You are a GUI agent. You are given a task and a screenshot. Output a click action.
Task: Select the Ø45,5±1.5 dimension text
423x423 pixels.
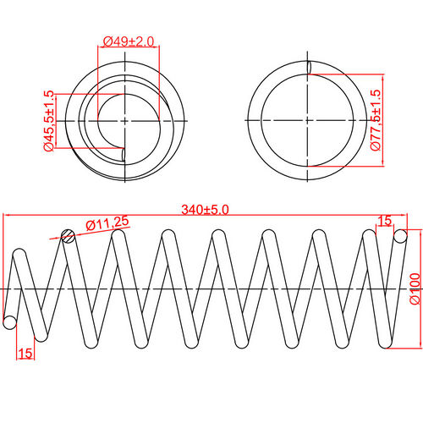click(49, 121)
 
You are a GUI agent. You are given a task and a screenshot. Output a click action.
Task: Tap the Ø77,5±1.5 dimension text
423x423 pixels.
click(375, 121)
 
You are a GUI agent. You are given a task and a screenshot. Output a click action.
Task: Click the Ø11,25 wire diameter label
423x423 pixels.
click(107, 223)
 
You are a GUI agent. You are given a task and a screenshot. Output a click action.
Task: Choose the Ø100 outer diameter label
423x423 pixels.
click(414, 288)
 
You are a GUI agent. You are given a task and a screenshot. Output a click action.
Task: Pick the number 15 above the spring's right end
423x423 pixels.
click(384, 222)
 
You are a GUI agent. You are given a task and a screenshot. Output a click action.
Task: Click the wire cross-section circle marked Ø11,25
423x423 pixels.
click(70, 236)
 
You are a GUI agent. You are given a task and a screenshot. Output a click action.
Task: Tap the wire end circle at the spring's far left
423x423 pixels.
click(9, 321)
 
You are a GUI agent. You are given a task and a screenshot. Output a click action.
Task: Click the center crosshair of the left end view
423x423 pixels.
click(125, 121)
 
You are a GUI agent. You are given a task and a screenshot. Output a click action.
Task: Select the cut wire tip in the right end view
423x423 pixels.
click(309, 67)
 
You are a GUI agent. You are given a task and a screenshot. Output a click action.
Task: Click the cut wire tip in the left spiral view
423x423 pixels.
click(124, 154)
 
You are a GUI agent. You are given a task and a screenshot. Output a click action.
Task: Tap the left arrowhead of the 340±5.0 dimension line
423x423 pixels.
click(7, 216)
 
